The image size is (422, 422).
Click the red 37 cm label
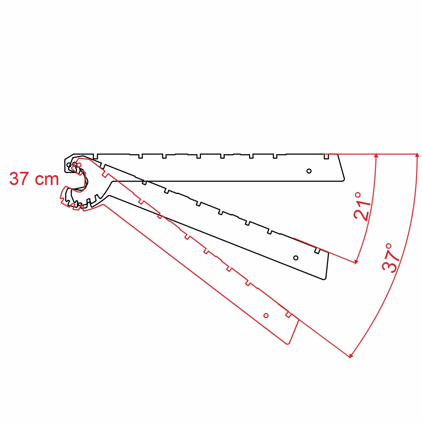click(34, 179)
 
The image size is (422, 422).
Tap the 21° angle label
click(362, 206)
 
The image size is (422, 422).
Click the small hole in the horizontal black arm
click(309, 171)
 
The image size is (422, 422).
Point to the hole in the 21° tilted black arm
click(296, 258)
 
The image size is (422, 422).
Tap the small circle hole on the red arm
click(266, 315)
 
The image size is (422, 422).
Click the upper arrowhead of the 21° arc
click(376, 155)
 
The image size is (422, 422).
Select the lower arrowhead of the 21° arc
click(356, 262)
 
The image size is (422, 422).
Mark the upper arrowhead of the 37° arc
click(417, 155)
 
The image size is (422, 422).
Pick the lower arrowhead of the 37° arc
click(351, 356)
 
